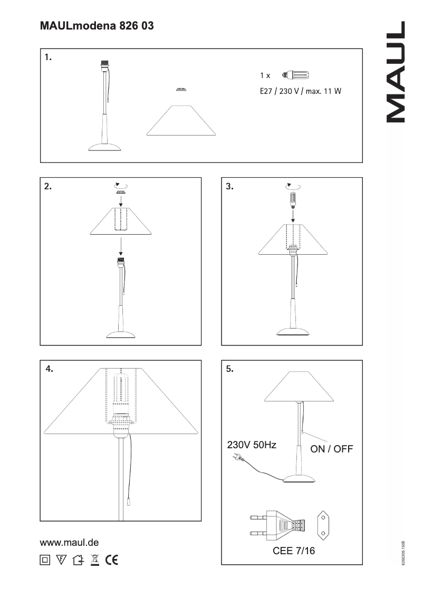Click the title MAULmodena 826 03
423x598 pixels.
(97, 25)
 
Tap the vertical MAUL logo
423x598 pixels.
(396, 72)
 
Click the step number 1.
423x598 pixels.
(48, 57)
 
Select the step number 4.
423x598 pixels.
(49, 369)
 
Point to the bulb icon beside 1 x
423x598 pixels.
(295, 75)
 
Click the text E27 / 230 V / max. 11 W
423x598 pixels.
(301, 91)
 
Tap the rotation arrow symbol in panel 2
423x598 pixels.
(121, 185)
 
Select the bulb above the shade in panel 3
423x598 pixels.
(292, 199)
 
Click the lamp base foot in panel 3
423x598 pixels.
(292, 331)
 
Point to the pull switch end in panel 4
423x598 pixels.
(129, 498)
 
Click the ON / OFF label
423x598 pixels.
(332, 449)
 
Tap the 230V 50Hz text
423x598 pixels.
(252, 445)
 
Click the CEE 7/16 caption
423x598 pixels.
(294, 551)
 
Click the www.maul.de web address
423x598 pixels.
(70, 542)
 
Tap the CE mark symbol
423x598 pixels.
(112, 560)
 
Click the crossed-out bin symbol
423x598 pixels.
(95, 560)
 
